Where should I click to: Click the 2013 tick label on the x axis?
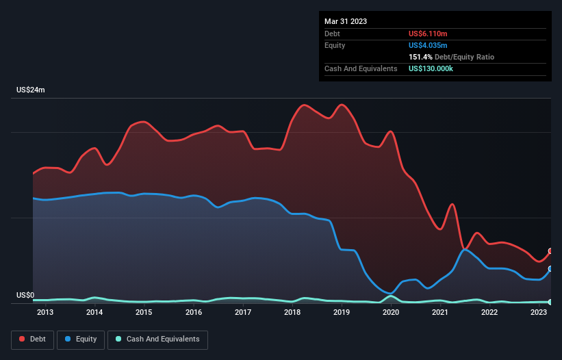45,313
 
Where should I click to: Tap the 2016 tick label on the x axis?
194,313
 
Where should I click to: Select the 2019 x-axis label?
342,313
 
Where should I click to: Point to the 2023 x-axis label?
539,313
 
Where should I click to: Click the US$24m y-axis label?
31,90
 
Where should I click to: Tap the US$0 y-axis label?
25,296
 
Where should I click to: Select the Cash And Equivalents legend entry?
158,339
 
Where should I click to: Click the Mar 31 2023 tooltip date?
346,21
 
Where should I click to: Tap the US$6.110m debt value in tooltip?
428,34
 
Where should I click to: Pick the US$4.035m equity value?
428,45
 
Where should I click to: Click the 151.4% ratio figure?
419,57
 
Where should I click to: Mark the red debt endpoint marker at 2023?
550,251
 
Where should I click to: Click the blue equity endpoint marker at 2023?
550,269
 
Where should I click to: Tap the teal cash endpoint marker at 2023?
550,302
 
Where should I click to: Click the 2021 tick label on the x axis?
440,313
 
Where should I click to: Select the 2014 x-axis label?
94,313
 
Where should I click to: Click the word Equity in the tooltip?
335,45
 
